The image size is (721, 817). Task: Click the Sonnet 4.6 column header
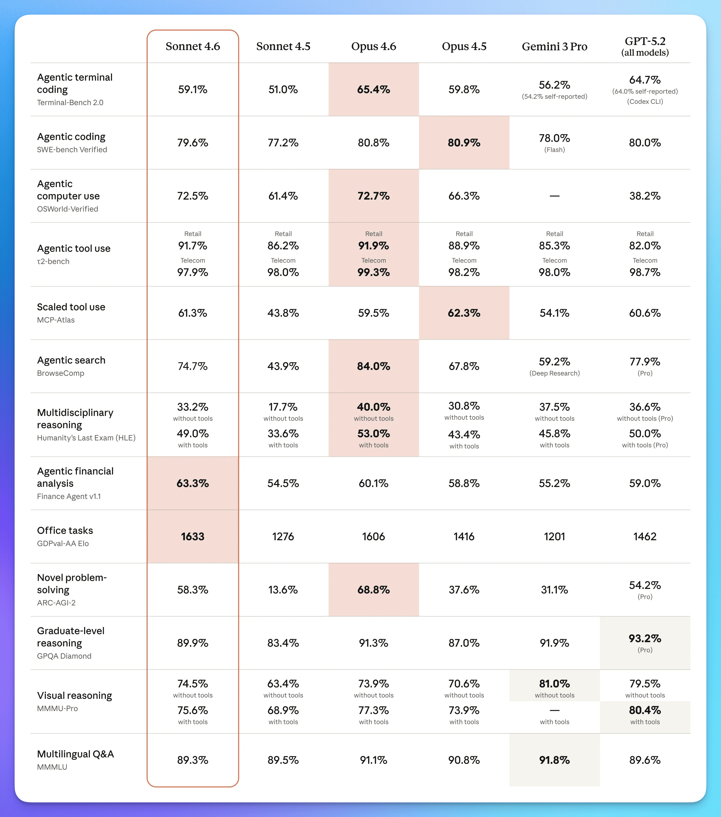point(193,46)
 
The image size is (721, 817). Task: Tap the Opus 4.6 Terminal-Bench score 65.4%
point(373,89)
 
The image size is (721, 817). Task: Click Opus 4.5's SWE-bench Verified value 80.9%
point(464,143)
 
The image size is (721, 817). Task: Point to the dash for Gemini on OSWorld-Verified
point(554,196)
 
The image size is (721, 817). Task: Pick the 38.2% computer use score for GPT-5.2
point(645,196)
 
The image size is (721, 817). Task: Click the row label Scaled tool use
point(71,307)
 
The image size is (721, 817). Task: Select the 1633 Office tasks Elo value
point(193,537)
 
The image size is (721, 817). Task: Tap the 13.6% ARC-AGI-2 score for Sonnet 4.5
point(283,589)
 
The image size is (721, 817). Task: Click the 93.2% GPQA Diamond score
point(645,638)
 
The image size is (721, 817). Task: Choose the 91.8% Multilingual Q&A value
point(554,760)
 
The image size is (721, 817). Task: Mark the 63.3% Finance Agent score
point(193,483)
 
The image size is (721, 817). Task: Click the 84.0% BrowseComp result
point(373,366)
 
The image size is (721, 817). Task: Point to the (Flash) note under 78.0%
point(554,150)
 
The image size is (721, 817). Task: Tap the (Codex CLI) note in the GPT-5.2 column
point(645,101)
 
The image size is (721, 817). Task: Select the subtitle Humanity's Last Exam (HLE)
point(86,438)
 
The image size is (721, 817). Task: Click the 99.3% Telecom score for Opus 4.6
point(373,272)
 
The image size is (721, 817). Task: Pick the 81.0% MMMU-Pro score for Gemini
point(554,683)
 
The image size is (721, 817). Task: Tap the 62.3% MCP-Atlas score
point(464,313)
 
